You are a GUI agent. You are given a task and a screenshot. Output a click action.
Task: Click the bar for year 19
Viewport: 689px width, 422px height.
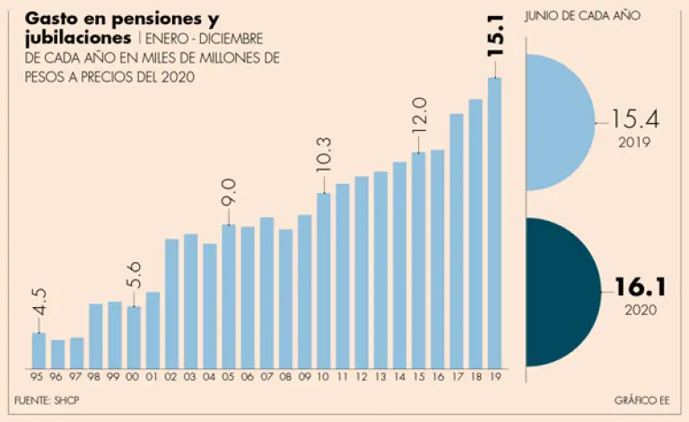493,223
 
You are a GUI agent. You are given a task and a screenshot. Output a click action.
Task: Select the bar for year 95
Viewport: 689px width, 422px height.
39,350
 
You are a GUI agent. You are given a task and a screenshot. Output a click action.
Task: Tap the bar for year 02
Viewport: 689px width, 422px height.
171,303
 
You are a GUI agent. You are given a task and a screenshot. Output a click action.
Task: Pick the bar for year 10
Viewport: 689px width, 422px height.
323,280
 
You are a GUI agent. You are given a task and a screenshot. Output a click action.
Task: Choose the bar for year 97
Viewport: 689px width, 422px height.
76,352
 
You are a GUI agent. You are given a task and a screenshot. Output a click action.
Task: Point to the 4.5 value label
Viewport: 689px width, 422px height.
39,302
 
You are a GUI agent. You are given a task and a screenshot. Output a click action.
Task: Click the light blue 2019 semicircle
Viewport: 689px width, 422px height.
556,122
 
